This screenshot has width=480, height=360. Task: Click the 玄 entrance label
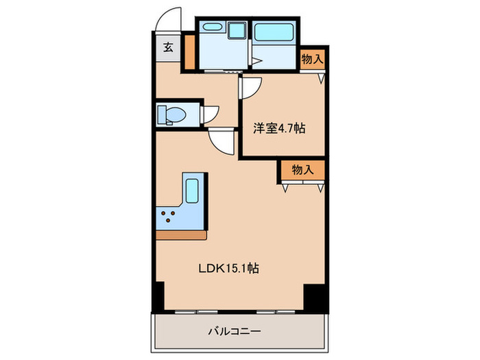coord(167,48)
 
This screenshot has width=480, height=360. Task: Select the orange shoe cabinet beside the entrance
coord(189,47)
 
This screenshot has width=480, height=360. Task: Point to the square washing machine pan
coord(237,31)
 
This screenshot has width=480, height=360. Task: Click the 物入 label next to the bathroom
coord(312,60)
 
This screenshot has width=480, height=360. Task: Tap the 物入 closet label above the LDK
coord(302,169)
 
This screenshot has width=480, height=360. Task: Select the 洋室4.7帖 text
coord(279,128)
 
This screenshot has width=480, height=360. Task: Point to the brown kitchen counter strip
coord(181,235)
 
